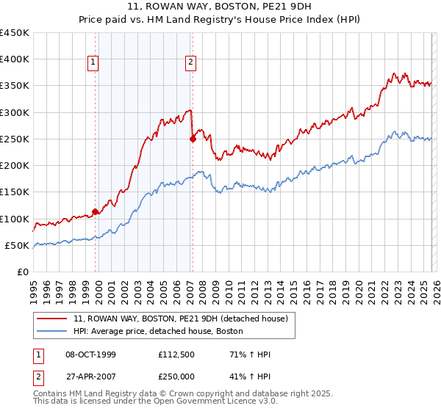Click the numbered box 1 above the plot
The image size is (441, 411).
click(94, 63)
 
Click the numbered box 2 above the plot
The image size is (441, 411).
click(190, 63)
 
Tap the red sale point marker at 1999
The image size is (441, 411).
click(96, 212)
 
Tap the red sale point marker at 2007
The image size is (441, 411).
click(193, 138)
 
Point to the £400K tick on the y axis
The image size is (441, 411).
click(15, 59)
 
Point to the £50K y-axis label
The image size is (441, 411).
click(18, 245)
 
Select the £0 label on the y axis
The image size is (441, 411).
click(24, 272)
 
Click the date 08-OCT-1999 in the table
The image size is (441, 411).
click(90, 354)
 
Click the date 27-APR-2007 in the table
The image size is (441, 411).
click(90, 375)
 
